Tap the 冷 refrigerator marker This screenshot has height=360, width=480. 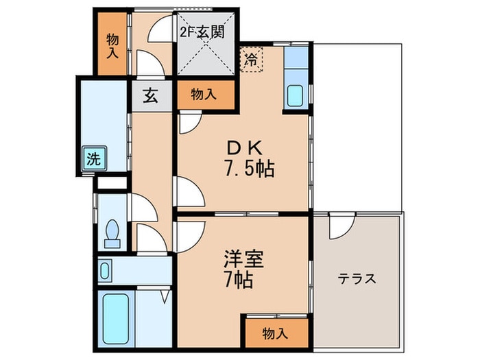pos(252,60)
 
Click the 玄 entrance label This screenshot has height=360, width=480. pos(150,95)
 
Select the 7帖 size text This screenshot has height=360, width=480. pos(238,280)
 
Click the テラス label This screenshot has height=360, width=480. pos(357,279)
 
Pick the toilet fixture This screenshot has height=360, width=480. pos(111,233)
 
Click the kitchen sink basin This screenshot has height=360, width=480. pos(296,94)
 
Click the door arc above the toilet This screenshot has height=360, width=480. pos(142,206)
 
